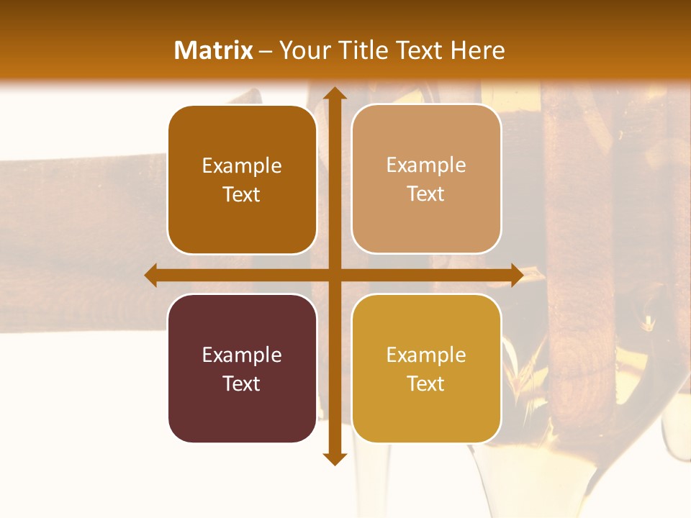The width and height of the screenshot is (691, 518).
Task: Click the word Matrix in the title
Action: coord(214,50)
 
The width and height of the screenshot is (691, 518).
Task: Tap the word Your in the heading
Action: coord(302,51)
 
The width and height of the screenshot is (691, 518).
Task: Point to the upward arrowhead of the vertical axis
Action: coord(333,93)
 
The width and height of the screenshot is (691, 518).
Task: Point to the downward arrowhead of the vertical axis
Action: coord(333,459)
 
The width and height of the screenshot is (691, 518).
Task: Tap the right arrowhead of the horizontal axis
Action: coord(517,275)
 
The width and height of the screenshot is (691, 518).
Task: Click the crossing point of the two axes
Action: coord(333,275)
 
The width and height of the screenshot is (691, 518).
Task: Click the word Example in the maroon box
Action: coord(241,355)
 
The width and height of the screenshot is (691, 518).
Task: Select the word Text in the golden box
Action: coord(425,383)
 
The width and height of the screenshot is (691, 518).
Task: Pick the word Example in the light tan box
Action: coord(425,165)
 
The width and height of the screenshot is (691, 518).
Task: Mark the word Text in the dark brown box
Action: coord(241,195)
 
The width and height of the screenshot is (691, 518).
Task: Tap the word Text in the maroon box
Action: coord(241,383)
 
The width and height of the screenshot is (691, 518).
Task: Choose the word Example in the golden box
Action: coord(425,355)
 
